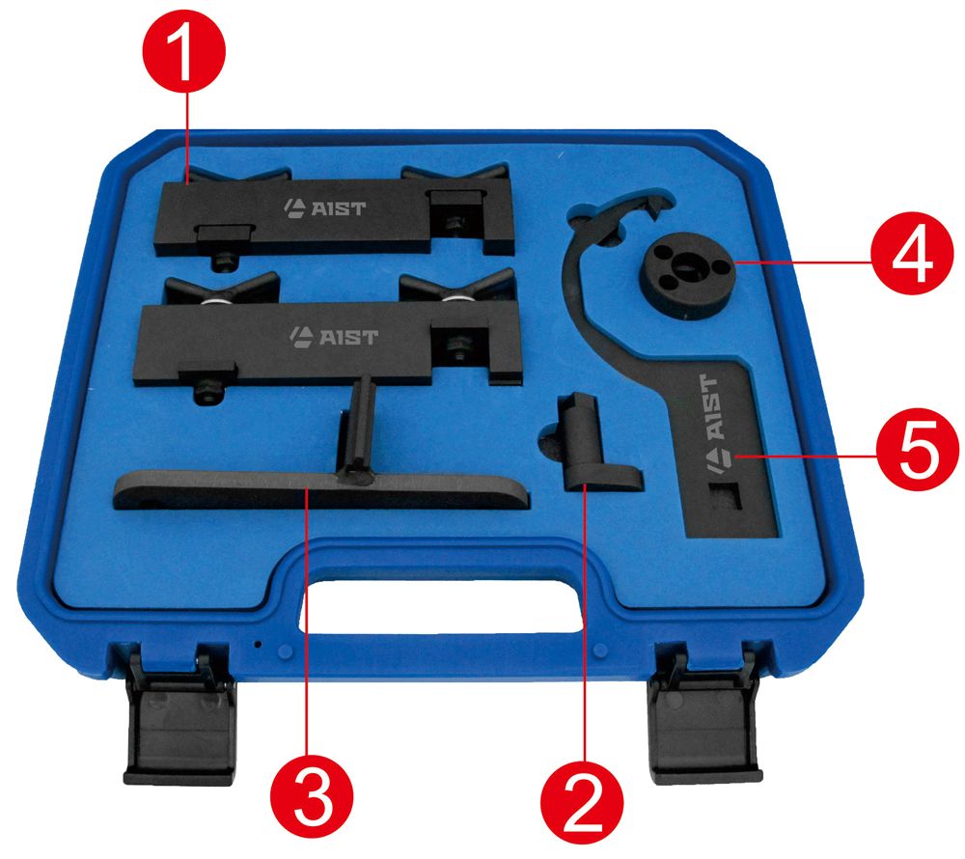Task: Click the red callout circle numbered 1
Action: coord(184,51)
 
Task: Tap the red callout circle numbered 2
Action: coord(582,802)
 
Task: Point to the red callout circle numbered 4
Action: coord(912,253)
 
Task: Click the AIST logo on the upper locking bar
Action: coord(324,208)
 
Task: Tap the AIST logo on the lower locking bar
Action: coord(334,336)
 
